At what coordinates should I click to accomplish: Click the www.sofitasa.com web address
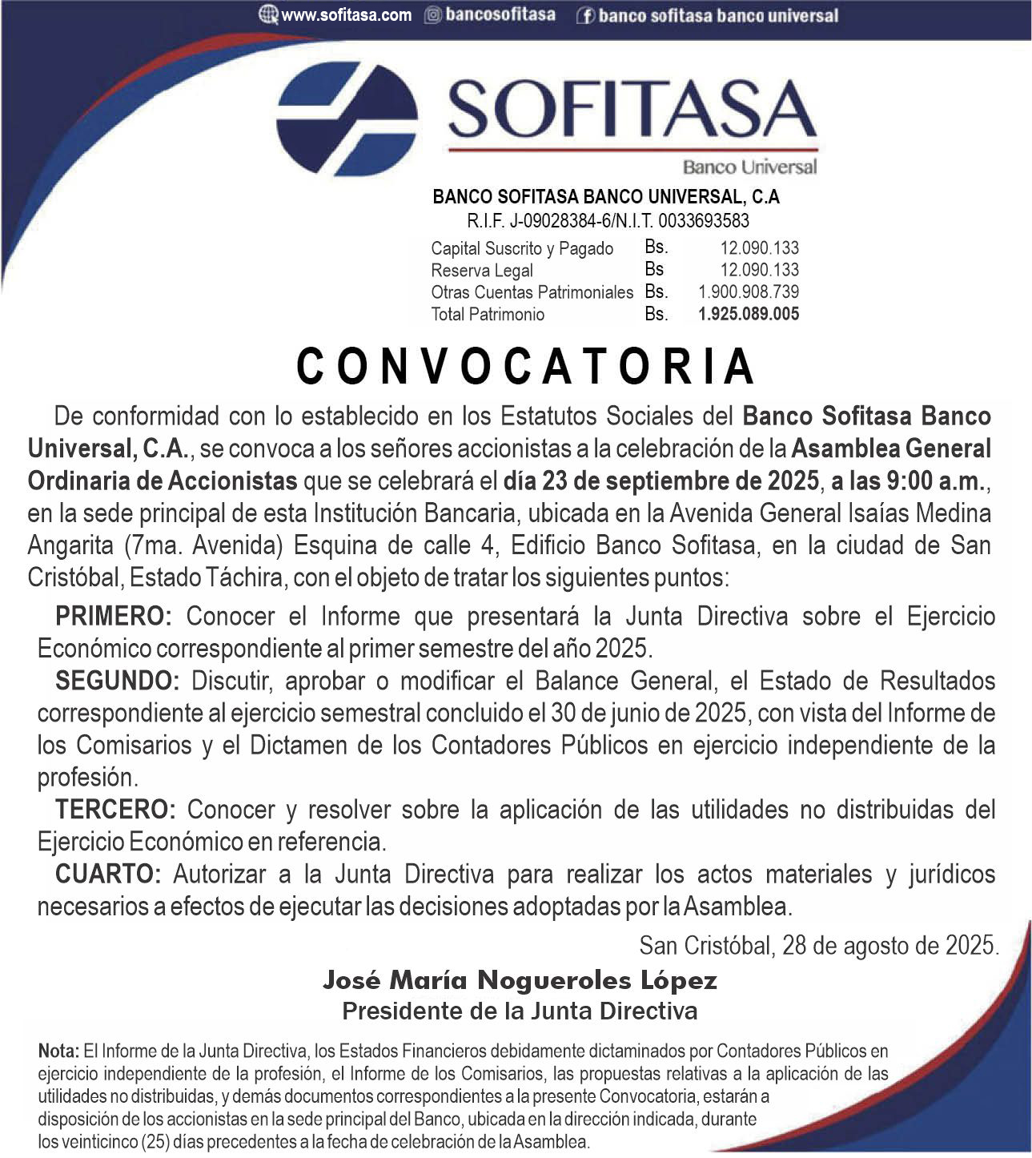point(346,14)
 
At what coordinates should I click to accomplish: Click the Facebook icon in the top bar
point(585,15)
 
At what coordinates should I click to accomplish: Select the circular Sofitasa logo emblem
point(346,118)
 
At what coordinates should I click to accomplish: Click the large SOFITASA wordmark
point(632,109)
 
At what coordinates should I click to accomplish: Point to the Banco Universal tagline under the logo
point(749,167)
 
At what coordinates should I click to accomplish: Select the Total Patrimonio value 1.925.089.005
point(749,314)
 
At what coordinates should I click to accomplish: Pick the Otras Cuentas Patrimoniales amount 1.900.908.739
point(749,292)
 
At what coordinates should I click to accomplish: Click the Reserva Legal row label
point(482,270)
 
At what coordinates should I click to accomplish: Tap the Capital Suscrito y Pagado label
point(522,248)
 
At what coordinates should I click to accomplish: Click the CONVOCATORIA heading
point(525,367)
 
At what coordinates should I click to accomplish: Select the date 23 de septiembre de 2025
point(661,481)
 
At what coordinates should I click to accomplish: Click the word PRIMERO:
point(114,616)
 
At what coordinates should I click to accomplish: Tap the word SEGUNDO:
point(118,681)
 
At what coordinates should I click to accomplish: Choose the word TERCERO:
point(115,809)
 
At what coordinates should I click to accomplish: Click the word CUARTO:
point(108,874)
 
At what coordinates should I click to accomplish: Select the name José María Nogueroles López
point(520,979)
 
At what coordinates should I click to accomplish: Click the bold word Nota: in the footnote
point(58,1050)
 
